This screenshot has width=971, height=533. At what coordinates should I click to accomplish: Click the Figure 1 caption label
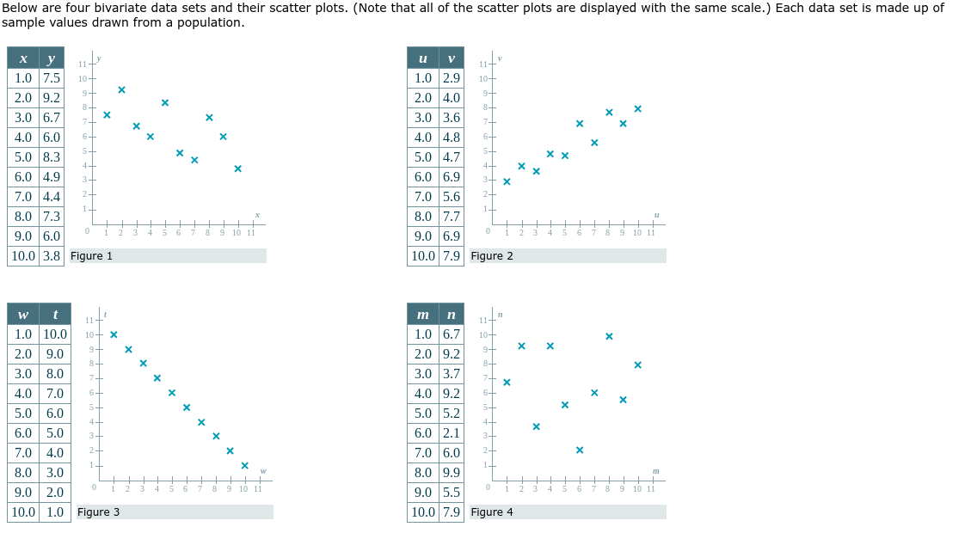[91, 256]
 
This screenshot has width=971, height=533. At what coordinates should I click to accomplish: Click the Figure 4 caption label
[492, 512]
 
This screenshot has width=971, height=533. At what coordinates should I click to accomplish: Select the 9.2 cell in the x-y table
[51, 98]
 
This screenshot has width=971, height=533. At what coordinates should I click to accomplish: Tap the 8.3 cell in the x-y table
[51, 157]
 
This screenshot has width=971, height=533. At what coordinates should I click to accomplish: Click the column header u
[422, 58]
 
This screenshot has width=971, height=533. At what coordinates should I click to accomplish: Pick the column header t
[54, 315]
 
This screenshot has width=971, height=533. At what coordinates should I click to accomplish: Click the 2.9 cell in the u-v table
[451, 78]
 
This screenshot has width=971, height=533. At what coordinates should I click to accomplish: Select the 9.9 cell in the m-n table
[451, 473]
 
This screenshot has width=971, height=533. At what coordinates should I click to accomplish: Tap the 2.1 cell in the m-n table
[451, 433]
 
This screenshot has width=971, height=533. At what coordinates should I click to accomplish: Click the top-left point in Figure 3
[114, 335]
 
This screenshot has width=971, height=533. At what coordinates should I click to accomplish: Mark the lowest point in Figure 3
[244, 465]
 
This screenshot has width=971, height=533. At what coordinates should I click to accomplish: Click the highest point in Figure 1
[121, 89]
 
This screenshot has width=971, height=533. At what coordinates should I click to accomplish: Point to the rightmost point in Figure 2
[637, 108]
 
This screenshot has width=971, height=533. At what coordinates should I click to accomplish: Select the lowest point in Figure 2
[507, 181]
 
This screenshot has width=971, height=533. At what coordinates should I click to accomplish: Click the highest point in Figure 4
[608, 336]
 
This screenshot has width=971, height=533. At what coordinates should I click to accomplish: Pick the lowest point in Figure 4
[580, 450]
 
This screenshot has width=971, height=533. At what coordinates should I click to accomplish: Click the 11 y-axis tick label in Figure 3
[89, 321]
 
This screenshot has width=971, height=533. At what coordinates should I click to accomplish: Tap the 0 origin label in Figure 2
[488, 232]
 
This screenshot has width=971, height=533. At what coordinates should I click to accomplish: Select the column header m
[422, 315]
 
